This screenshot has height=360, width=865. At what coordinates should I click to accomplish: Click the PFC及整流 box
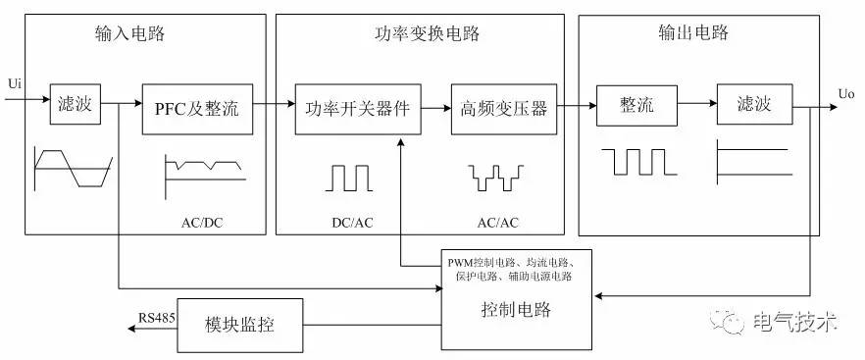coord(196,105)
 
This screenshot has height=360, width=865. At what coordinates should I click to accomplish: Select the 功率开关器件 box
coord(360,106)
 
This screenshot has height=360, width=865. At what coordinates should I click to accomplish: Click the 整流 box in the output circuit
coord(636,105)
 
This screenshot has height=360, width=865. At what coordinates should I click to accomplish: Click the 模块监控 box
coord(239,323)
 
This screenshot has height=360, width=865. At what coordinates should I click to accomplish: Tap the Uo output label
coord(846,94)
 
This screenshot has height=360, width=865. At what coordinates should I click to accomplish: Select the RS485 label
coord(155,316)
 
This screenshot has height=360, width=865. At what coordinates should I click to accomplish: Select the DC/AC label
coord(351,222)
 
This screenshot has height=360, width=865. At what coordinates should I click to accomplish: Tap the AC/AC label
coord(497,222)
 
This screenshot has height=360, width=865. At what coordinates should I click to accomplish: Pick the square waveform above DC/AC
coord(350,177)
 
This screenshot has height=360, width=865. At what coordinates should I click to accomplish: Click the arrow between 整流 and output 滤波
coord(697,102)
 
